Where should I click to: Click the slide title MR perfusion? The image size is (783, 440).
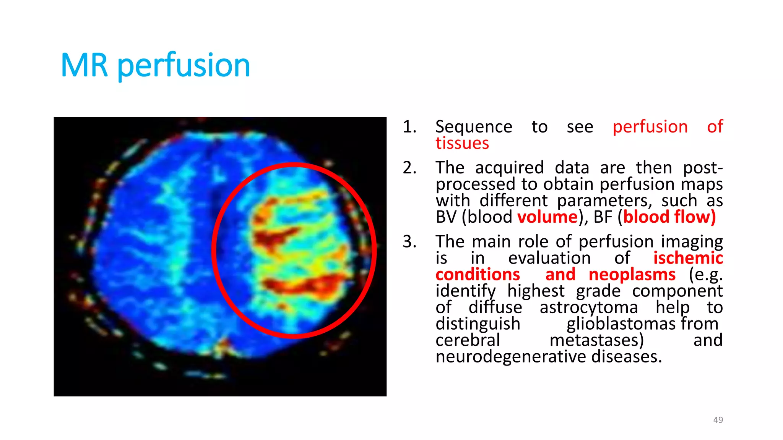(155, 65)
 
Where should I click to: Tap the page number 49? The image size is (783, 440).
(718, 420)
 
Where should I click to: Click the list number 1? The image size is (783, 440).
(409, 127)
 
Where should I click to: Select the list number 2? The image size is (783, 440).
(409, 168)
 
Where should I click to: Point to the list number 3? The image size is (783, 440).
(409, 241)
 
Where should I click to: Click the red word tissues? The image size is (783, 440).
(462, 143)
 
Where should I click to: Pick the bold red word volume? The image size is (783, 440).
(547, 217)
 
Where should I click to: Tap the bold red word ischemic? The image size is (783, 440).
(687, 258)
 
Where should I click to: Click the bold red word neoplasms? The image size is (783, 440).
(632, 274)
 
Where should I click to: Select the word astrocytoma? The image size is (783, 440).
(588, 307)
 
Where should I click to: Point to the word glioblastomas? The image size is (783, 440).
(621, 324)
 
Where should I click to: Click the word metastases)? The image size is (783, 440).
(596, 340)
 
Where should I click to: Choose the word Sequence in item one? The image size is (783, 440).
(473, 127)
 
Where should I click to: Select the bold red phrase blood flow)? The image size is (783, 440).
(669, 217)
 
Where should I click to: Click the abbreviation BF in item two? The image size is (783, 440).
(603, 217)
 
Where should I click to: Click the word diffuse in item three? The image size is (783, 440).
(495, 307)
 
